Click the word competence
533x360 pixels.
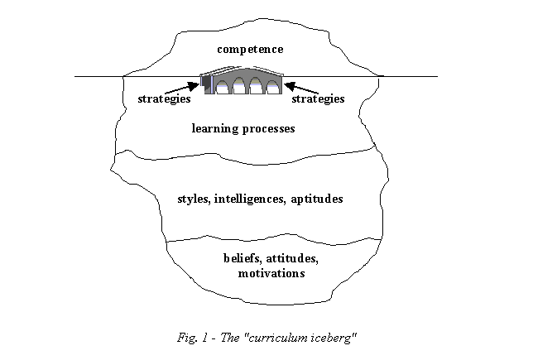[250, 50]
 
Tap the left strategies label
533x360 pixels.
[164, 99]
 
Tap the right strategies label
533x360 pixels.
[318, 99]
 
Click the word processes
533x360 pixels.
[268, 129]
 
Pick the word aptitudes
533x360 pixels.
[317, 199]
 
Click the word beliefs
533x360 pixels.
[242, 259]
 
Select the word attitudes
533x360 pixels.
[292, 259]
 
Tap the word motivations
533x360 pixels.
[271, 274]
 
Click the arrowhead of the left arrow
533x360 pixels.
[194, 86]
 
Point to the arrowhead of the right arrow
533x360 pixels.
[290, 86]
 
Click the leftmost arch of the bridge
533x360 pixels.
[222, 87]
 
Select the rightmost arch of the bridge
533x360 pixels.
[272, 87]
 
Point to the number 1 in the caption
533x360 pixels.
[204, 338]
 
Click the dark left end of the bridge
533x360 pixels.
[205, 84]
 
